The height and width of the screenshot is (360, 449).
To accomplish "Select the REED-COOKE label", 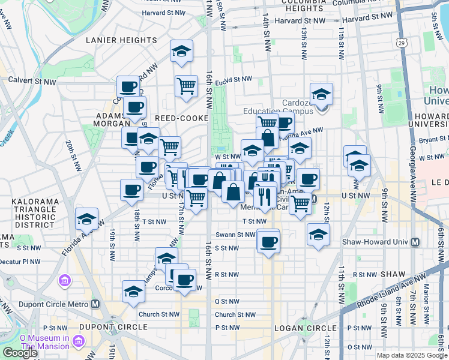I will pyautogui.click(x=177, y=118).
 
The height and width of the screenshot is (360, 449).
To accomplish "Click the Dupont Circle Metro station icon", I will pyautogui.click(x=96, y=303).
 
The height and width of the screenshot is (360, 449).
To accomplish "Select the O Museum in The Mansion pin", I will pyautogui.click(x=78, y=342).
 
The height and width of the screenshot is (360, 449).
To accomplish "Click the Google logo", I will pyautogui.click(x=20, y=353).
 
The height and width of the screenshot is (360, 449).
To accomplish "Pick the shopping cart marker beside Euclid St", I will pyautogui.click(x=187, y=86).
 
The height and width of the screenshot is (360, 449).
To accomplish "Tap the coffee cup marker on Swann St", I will pyautogui.click(x=268, y=241).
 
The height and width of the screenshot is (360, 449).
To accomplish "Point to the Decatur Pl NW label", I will pyautogui.click(x=20, y=262).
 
